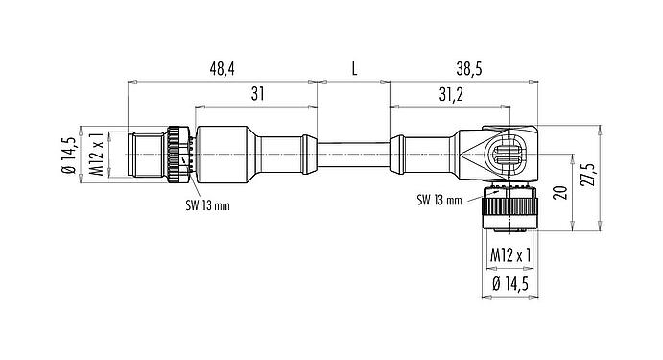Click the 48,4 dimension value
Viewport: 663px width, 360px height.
point(222,69)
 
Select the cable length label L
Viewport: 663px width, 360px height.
point(354,69)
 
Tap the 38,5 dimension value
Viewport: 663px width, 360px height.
point(470,69)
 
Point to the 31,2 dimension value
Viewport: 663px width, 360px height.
point(451,95)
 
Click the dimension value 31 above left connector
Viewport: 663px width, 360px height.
point(257,94)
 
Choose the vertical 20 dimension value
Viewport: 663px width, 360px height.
point(562,193)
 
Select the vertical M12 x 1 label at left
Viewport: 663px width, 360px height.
point(97,154)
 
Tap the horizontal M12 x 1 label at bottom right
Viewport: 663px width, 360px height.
point(510,255)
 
